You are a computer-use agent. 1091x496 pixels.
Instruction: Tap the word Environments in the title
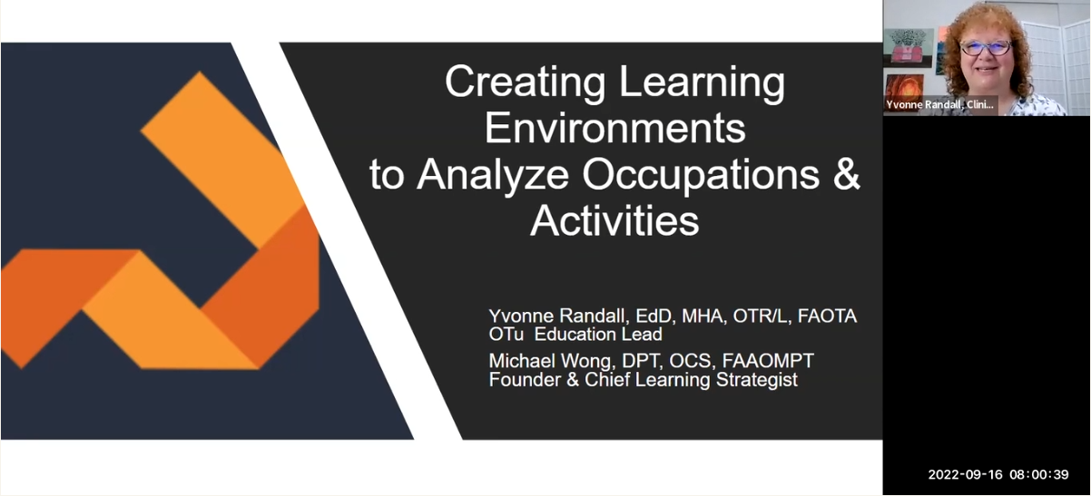click(614, 129)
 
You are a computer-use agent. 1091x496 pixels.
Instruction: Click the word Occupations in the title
click(699, 175)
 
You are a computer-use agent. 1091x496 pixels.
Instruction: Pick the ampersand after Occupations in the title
click(846, 175)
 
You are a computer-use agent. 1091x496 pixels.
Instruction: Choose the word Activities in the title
click(614, 221)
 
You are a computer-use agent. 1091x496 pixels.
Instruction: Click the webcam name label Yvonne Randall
click(939, 105)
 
